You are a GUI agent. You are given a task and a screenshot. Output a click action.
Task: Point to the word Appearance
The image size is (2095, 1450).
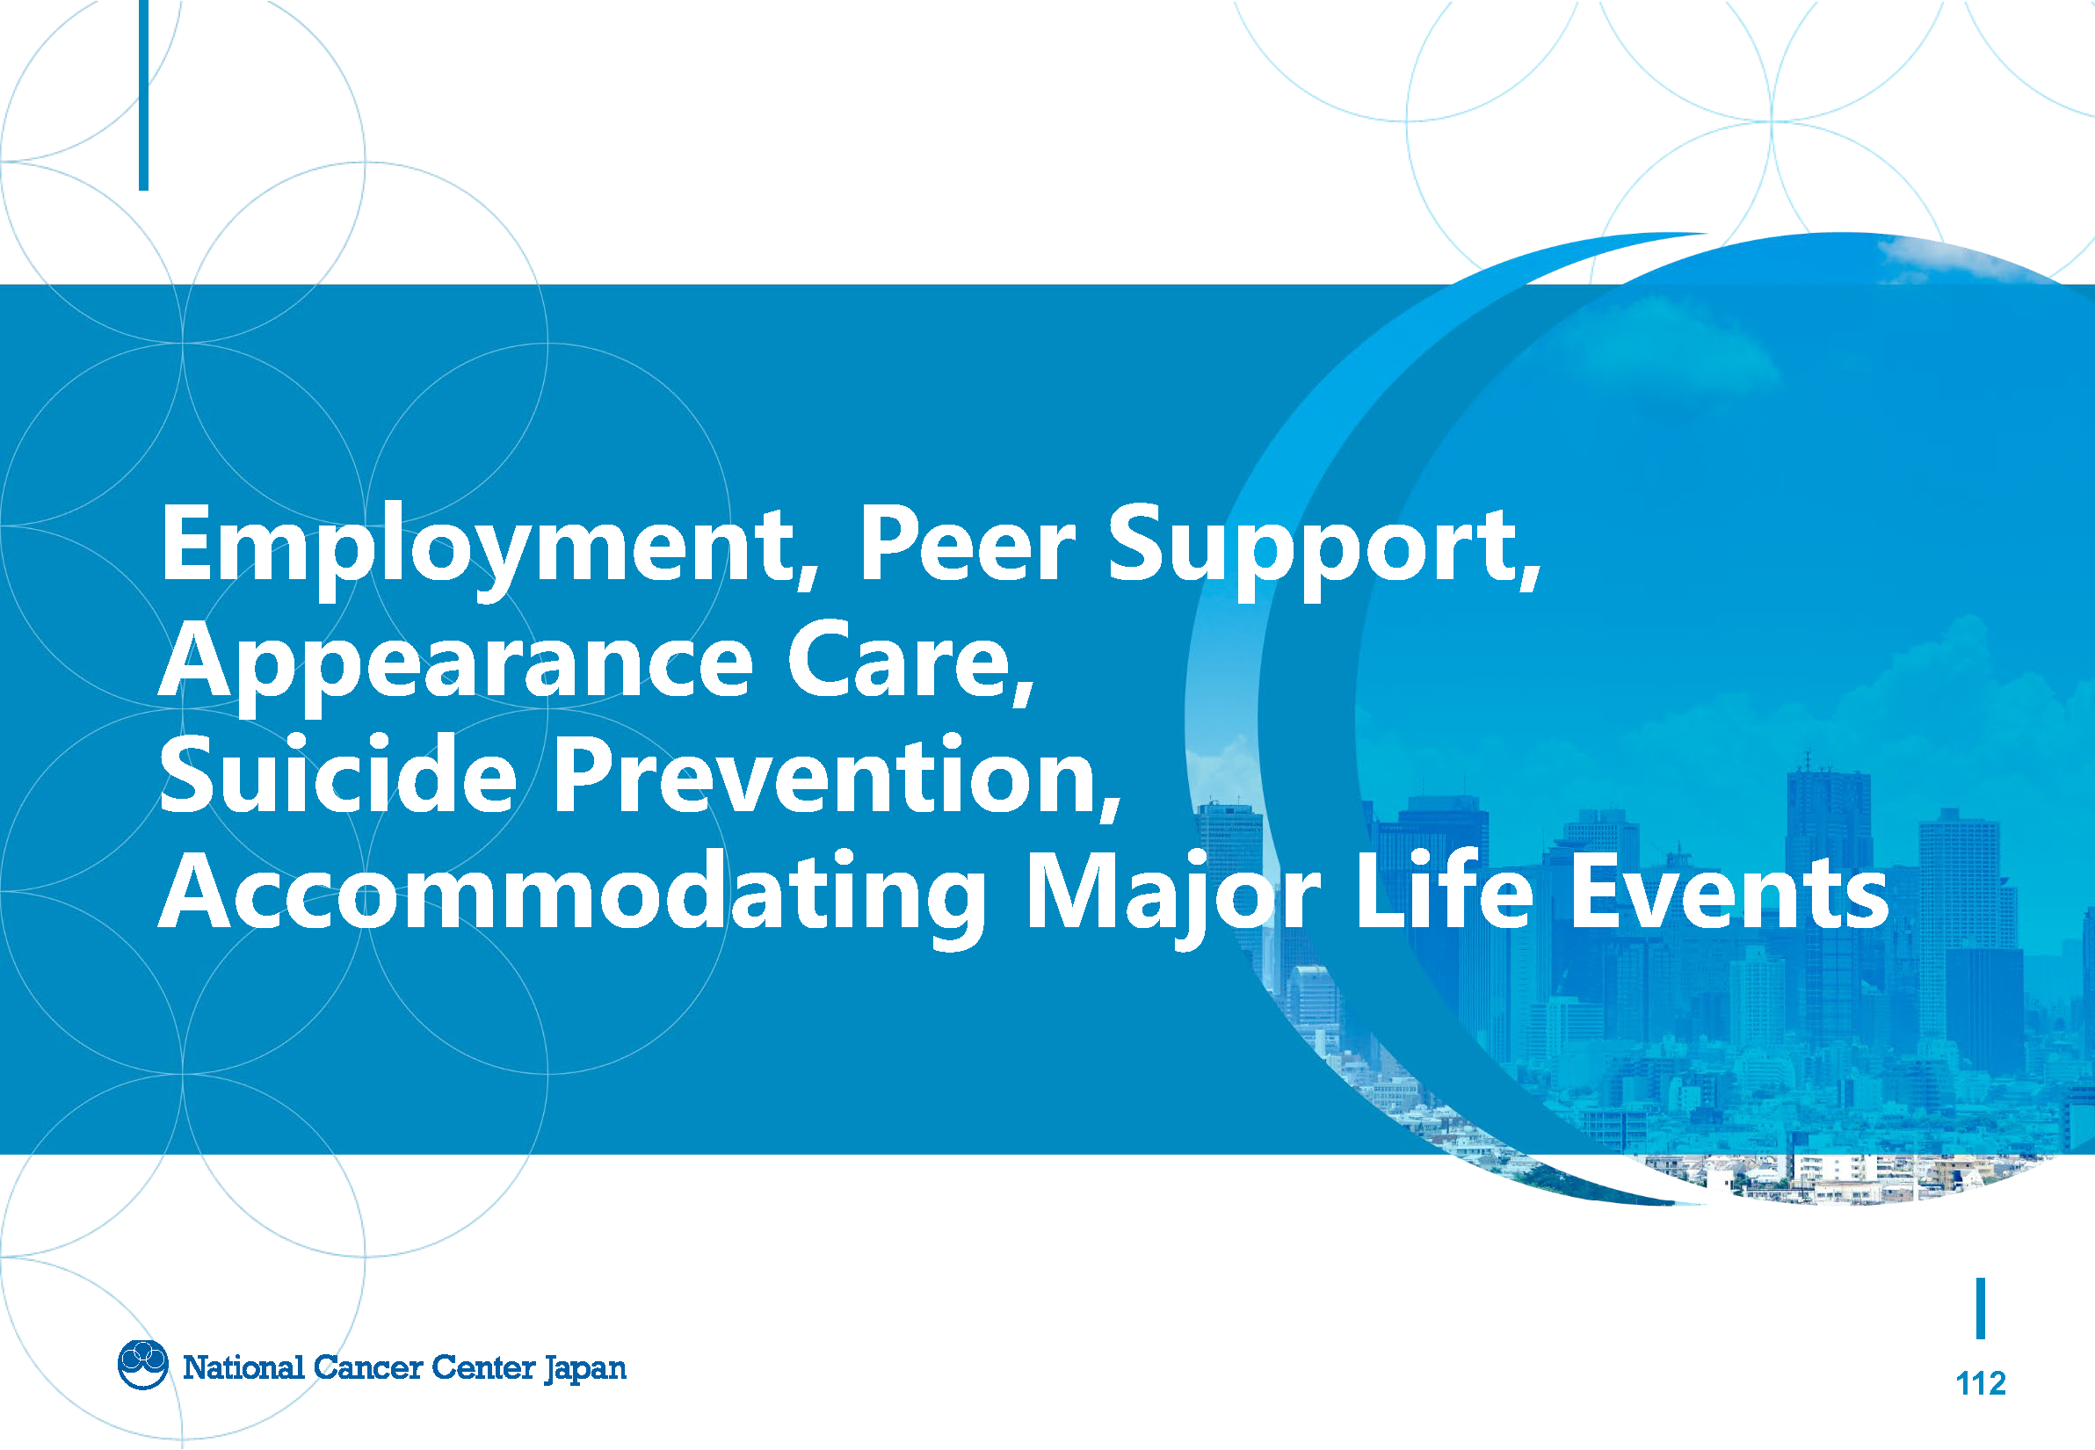coord(456,665)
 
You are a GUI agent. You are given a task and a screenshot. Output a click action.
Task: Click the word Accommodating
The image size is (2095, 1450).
coord(573,895)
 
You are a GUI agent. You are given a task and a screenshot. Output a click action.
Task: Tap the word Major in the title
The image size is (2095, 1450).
coord(1173,895)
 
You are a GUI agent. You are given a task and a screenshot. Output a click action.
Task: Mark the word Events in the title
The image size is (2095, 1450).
coord(1729,890)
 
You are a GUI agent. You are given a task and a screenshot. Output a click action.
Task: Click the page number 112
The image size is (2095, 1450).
coord(1980,1382)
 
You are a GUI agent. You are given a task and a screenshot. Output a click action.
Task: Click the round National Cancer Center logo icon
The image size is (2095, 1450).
coord(142,1365)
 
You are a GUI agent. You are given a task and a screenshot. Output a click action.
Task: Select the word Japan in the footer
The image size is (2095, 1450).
coord(585,1368)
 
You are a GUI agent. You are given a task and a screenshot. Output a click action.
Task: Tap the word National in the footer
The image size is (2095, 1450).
coord(243,1367)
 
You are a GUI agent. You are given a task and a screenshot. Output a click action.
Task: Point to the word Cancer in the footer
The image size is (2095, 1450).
coord(368,1367)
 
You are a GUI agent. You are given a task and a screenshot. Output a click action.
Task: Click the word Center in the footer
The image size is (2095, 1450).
coord(483,1367)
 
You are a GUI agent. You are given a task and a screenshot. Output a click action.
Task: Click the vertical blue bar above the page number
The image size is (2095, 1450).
coord(1981,1309)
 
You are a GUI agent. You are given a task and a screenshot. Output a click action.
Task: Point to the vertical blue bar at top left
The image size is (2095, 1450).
coord(143,96)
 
